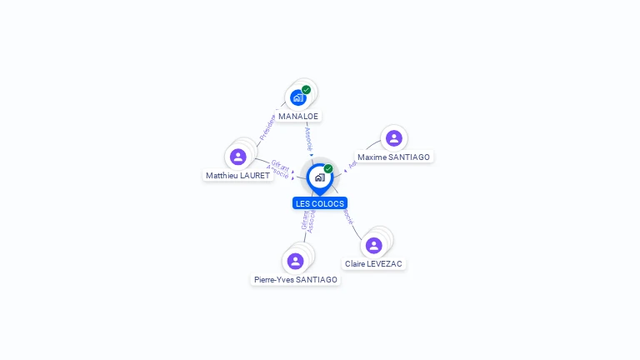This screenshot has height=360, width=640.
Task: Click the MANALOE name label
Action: [298, 116]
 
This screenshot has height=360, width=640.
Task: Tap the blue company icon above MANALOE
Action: [297, 97]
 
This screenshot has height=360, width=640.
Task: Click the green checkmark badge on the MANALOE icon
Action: [306, 89]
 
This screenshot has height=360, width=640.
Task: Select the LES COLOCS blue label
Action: [320, 203]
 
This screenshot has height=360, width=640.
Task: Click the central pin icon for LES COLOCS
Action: [319, 177]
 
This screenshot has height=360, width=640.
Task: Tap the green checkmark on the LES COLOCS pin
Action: [328, 169]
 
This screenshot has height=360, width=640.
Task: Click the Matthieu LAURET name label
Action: [238, 176]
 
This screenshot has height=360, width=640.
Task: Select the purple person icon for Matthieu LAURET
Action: [238, 157]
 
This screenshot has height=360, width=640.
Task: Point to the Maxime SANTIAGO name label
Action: [394, 157]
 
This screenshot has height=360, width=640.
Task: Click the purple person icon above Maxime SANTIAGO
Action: [394, 137]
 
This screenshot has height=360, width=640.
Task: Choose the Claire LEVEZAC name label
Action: [374, 264]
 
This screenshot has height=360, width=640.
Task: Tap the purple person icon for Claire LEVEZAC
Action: [374, 245]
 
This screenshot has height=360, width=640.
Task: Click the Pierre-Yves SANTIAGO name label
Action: [296, 280]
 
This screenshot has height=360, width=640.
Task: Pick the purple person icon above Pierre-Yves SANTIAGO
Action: [295, 261]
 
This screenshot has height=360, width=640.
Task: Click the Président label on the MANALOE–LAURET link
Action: [267, 127]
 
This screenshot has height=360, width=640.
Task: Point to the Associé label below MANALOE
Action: [308, 138]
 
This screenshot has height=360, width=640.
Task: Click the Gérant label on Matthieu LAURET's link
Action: [280, 165]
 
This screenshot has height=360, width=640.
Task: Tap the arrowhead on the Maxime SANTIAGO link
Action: [346, 170]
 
